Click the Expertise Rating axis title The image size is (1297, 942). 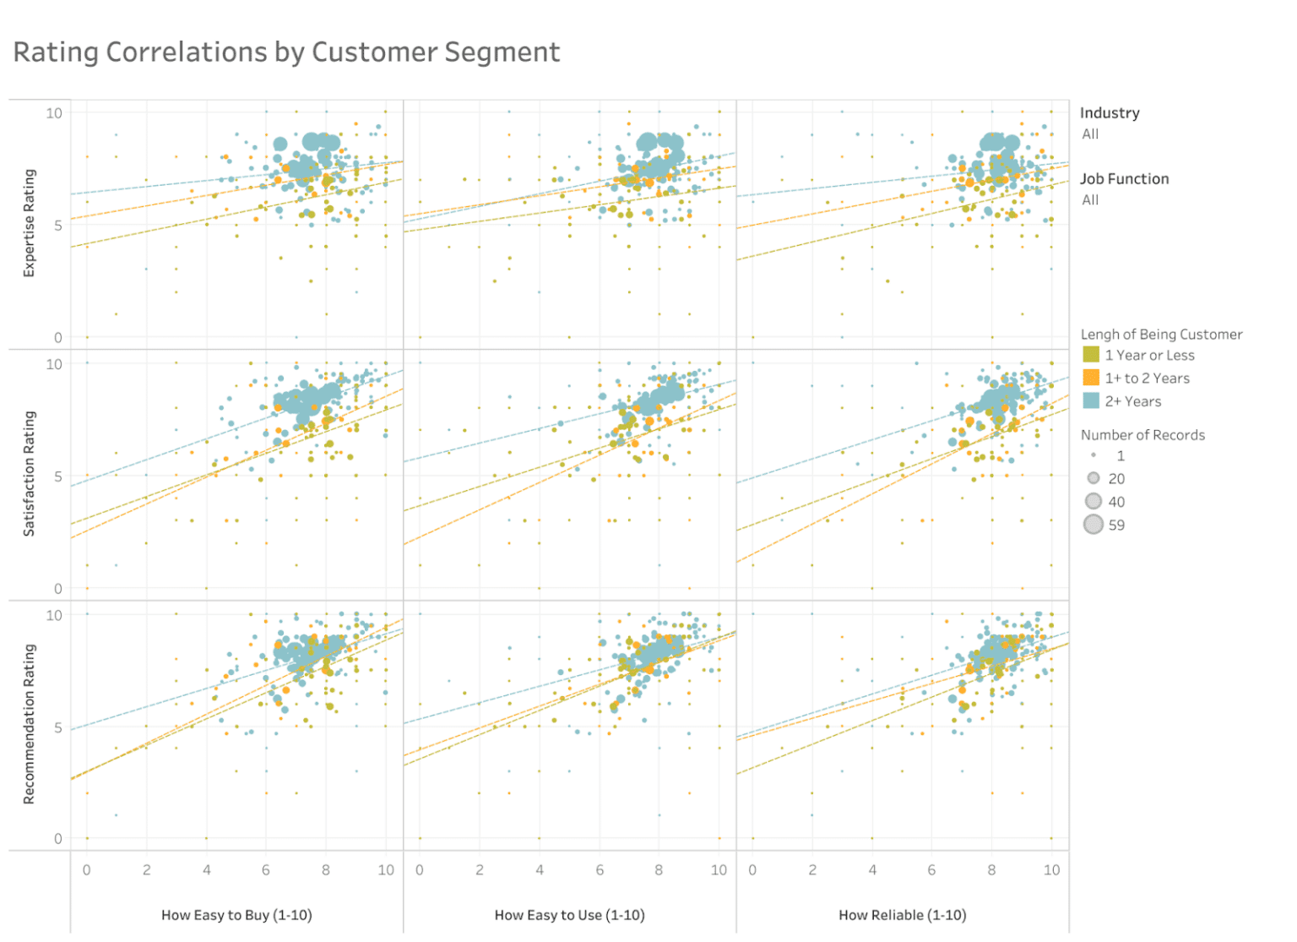coord(30,223)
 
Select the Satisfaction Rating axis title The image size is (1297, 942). coord(30,474)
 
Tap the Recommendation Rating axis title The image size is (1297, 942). coord(30,724)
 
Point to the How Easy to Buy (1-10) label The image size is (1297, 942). coord(236,915)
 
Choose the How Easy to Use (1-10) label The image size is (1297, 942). coord(569,915)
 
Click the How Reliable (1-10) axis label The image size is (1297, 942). coord(902,915)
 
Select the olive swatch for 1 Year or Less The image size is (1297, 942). coord(1091,355)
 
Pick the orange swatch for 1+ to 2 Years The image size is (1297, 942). coord(1091,378)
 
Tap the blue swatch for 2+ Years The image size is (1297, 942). coord(1091,400)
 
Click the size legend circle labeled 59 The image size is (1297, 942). coord(1093,525)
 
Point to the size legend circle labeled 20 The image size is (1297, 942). coord(1093,478)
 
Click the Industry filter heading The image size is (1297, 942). coord(1110,113)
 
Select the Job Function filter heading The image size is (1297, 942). coord(1124,179)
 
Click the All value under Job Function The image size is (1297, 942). coord(1090,200)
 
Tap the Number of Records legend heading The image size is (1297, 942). coord(1142,435)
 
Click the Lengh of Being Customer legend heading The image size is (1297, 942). coord(1161,335)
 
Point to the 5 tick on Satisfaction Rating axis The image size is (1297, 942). coord(57,476)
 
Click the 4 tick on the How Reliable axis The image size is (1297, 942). coord(872,870)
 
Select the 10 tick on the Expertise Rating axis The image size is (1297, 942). coord(54,113)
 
